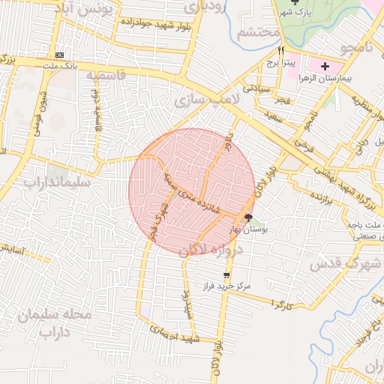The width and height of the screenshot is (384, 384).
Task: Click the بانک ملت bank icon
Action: [x=60, y=55]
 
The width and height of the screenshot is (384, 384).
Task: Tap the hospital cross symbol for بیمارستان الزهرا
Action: [x=324, y=67]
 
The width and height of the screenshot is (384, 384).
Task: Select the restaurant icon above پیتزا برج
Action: [x=281, y=49]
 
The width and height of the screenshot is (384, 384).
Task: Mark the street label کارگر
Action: [x=281, y=305]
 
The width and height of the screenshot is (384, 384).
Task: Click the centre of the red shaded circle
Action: [x=191, y=191]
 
